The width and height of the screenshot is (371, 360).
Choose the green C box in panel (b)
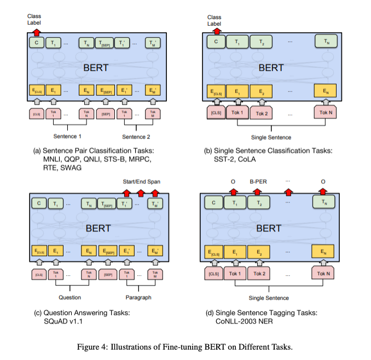point(216,41)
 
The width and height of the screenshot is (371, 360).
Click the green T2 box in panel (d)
point(260,202)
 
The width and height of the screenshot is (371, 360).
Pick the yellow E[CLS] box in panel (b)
point(216,92)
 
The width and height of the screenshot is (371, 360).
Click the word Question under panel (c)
point(70,298)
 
